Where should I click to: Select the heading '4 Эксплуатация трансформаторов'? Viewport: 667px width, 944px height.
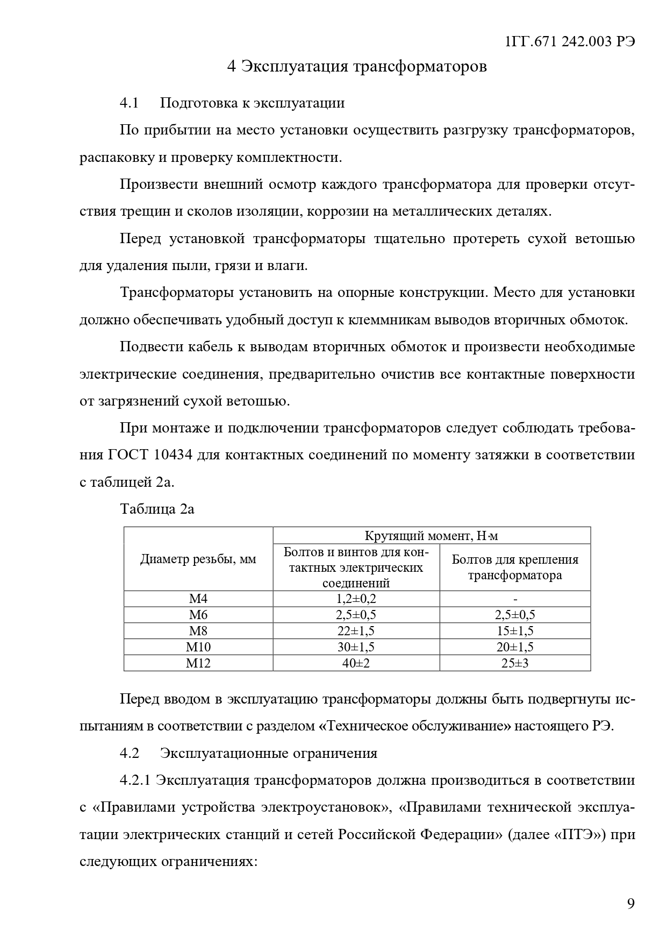tap(357, 67)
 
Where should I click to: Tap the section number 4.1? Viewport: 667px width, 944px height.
tap(130, 103)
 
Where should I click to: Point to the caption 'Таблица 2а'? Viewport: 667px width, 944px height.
tap(157, 509)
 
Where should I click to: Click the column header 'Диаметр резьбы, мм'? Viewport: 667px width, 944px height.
tap(198, 559)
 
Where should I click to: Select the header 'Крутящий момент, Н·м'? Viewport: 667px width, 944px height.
tap(431, 536)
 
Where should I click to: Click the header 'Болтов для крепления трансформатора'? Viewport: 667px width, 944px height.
tap(515, 567)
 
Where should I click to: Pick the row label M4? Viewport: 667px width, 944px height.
tap(198, 599)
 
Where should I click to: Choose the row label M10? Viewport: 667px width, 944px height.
tap(198, 647)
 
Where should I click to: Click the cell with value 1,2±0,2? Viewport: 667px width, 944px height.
tap(356, 599)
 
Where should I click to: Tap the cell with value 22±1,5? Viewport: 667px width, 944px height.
tap(356, 631)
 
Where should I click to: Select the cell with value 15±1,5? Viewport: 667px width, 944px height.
tap(515, 631)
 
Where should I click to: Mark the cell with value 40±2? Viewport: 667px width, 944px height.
tap(356, 663)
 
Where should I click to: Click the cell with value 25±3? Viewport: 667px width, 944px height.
tap(515, 663)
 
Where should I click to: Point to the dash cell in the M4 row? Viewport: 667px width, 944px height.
tap(515, 599)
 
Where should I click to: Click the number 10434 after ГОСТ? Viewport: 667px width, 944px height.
tap(173, 455)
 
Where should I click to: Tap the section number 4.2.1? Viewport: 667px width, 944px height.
tap(135, 780)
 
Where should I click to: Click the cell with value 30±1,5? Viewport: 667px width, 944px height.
tap(356, 647)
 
